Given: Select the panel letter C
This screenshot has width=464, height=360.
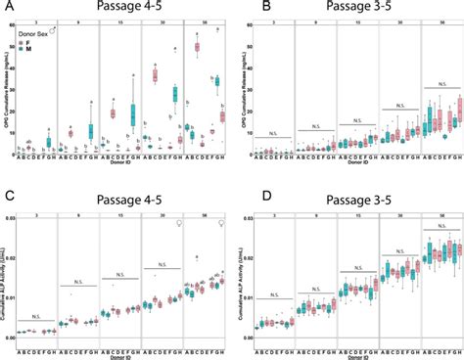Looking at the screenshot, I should click(6, 190).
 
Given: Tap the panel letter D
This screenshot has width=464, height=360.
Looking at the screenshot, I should click(239, 190).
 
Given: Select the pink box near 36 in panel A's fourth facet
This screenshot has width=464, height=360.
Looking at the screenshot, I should click(155, 75).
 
